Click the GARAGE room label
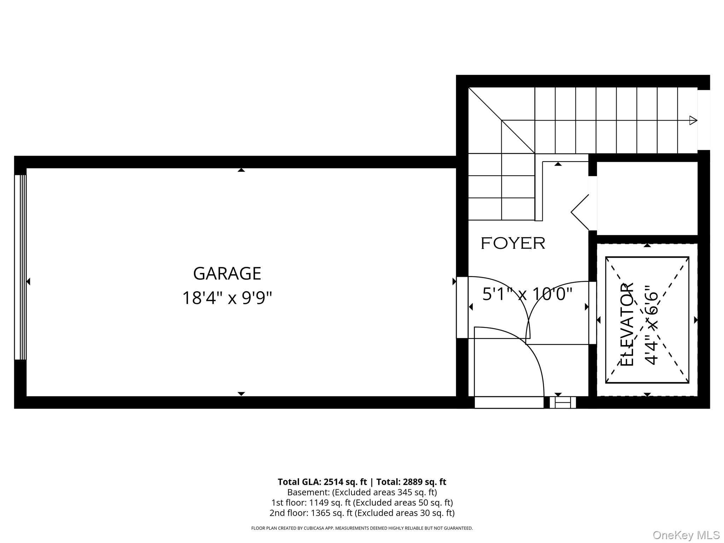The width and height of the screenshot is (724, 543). coord(227,273)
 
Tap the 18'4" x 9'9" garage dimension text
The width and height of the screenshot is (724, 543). coord(227,298)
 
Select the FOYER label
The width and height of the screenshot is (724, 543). coord(513,243)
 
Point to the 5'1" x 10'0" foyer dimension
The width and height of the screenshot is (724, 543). coord(527,294)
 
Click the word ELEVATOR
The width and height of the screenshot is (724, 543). coord(627,324)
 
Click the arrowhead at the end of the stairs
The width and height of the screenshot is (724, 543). coord(693,120)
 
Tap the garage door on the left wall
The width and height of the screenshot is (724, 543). coord(20,267)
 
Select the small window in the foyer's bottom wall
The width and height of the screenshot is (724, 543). coord(563,402)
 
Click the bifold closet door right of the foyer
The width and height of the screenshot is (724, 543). coord(580,212)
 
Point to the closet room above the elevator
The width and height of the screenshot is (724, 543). coord(647,198)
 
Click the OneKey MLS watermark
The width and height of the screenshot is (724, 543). coord(686,535)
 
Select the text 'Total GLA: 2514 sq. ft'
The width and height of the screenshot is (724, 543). coord(322,482)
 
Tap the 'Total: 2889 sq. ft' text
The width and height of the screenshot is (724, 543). coord(411,482)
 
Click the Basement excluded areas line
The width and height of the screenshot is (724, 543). coord(362,492)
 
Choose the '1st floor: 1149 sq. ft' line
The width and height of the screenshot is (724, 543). coord(362,502)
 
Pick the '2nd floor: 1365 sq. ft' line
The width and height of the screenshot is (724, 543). coord(362,513)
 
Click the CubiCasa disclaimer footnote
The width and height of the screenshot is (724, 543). coord(362,528)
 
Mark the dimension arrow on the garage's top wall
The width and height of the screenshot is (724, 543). coord(241,170)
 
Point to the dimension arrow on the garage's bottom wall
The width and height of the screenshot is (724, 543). coord(241,393)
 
